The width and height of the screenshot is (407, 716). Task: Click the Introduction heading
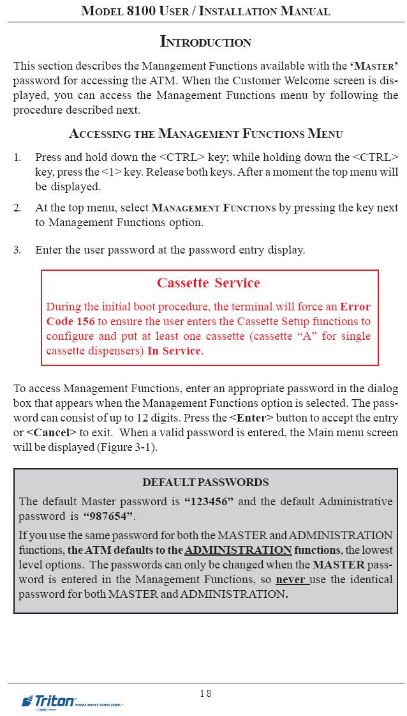click(x=205, y=42)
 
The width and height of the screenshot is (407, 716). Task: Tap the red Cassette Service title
click(x=209, y=283)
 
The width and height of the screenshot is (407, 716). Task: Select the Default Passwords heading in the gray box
click(x=205, y=482)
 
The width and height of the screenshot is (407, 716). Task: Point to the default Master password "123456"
click(x=209, y=501)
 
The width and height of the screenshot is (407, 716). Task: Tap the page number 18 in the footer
click(x=205, y=693)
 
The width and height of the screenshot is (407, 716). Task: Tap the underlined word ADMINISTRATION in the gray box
click(x=238, y=550)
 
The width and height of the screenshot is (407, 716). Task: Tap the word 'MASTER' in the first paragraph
click(x=375, y=66)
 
